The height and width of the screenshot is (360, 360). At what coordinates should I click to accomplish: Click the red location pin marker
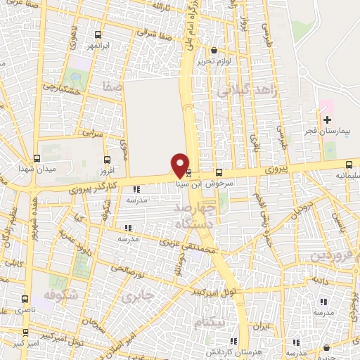(180, 165)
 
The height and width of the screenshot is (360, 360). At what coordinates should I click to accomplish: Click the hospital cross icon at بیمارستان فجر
(326, 120)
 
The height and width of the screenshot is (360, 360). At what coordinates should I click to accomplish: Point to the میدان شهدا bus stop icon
(37, 157)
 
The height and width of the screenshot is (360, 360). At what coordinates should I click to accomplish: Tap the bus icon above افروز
(106, 160)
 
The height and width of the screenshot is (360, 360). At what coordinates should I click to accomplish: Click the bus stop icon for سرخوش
(219, 172)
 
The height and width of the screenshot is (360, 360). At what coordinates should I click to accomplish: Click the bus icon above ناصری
(26, 298)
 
